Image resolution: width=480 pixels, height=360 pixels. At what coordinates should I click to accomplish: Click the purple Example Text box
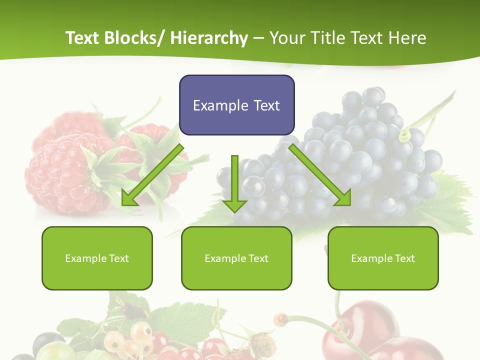pos(236,105)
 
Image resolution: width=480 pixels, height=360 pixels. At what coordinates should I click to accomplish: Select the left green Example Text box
pos(97,258)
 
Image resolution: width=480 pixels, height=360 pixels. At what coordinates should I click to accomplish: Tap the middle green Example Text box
pos(236,258)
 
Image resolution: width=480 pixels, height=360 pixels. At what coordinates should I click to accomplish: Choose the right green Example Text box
pos(383,258)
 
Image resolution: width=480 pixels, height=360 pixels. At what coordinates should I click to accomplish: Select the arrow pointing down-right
pos(320,175)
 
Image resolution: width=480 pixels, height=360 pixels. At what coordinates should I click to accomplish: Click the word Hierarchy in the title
pos(209,38)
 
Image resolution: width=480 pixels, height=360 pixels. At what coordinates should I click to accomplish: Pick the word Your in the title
pos(287,38)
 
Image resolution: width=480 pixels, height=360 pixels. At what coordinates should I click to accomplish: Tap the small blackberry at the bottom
pos(263,345)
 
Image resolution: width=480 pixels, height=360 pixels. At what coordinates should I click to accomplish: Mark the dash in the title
pos(258,38)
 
